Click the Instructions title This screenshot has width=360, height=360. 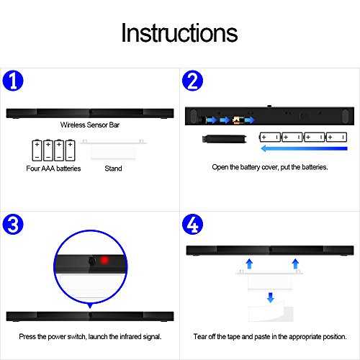tap(179, 33)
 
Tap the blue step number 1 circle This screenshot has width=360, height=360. tap(13, 81)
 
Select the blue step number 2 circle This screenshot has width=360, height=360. tap(192, 81)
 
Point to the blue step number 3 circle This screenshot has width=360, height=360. tap(13, 224)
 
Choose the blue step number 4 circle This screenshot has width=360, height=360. tap(192, 224)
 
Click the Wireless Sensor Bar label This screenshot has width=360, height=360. tap(90, 125)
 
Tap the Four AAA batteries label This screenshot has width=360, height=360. tap(53, 168)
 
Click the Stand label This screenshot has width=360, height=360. tap(113, 168)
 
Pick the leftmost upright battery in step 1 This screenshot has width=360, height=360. tap(37, 150)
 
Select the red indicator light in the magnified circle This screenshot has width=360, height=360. tap(104, 261)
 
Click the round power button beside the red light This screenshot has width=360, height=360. tap(91, 261)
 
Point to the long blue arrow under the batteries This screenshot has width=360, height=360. tap(304, 148)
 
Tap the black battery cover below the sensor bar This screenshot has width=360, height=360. tap(225, 139)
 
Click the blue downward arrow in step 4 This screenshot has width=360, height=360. tap(271, 297)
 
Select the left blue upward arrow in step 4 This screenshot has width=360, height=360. tap(249, 264)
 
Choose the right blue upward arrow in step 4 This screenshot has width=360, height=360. tap(295, 264)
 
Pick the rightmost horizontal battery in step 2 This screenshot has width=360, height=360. tap(336, 137)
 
